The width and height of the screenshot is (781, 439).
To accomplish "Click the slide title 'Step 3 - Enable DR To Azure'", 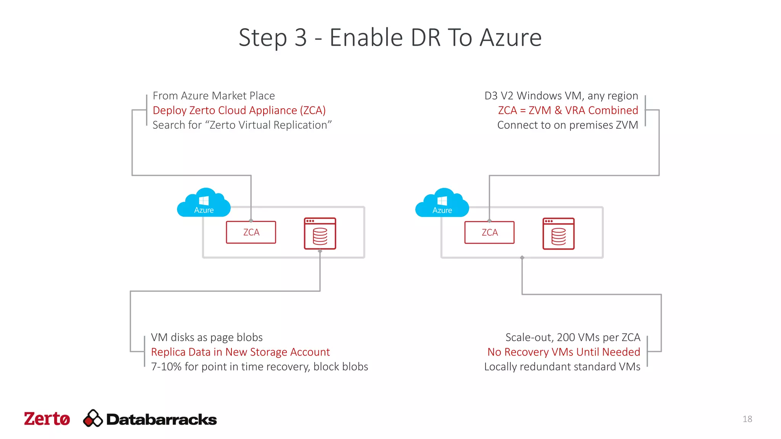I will pyautogui.click(x=390, y=38).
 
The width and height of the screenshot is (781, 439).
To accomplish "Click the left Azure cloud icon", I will pyautogui.click(x=204, y=203).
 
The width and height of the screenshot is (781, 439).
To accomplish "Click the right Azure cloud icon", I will pyautogui.click(x=442, y=203).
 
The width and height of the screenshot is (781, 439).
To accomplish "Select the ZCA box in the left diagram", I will pyautogui.click(x=251, y=232).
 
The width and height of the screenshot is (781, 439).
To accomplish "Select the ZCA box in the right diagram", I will pyautogui.click(x=489, y=232).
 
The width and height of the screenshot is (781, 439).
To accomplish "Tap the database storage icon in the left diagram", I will pyautogui.click(x=320, y=234).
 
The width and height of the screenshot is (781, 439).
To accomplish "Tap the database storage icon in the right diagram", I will pyautogui.click(x=558, y=234).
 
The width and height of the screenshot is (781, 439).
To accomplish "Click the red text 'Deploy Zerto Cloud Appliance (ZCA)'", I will pyautogui.click(x=239, y=110).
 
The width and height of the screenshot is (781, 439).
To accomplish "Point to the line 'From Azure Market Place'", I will pyautogui.click(x=214, y=96).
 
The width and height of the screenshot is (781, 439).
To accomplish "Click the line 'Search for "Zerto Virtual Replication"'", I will pyautogui.click(x=242, y=125).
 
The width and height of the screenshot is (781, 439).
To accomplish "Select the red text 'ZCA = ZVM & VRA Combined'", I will pyautogui.click(x=568, y=110).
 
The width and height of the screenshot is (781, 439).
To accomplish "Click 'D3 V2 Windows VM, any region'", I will pyautogui.click(x=561, y=96).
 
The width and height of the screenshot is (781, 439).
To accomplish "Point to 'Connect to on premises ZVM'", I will pyautogui.click(x=567, y=125).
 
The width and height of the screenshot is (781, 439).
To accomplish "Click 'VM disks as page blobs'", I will pyautogui.click(x=207, y=337).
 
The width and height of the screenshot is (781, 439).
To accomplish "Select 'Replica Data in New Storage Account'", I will pyautogui.click(x=240, y=352).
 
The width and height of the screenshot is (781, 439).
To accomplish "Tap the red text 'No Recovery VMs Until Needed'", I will pyautogui.click(x=564, y=352).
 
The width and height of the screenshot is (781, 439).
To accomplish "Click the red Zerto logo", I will pyautogui.click(x=47, y=419).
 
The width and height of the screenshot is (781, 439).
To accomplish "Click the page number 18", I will pyautogui.click(x=747, y=419).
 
